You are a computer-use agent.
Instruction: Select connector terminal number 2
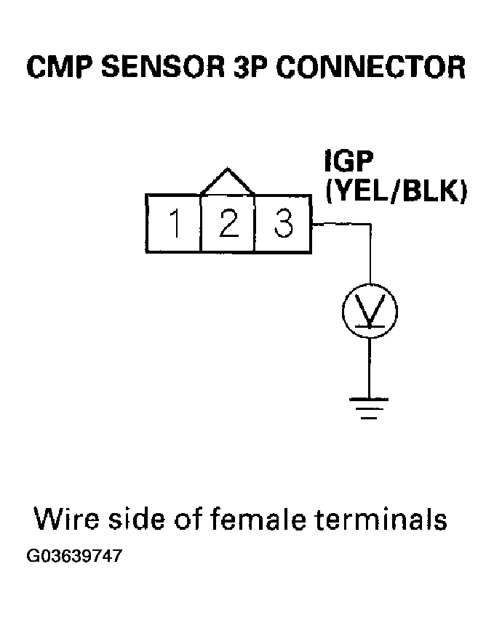tap(228, 223)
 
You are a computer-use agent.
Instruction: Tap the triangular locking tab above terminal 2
tap(228, 182)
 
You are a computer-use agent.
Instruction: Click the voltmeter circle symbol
tap(370, 311)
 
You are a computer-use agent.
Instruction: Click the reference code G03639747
tap(74, 557)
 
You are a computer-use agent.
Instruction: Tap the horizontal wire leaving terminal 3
tap(342, 225)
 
